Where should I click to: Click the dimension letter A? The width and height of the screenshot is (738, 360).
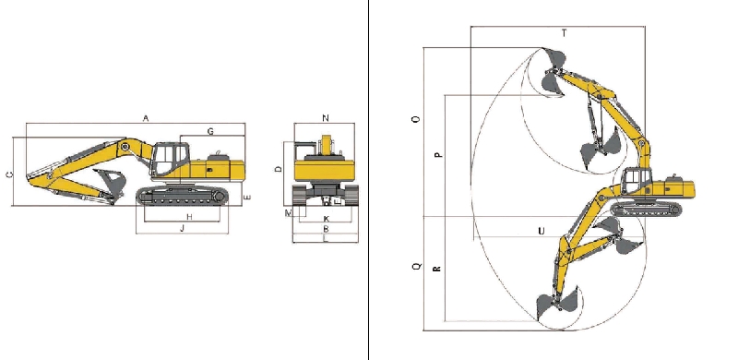(x=146, y=119)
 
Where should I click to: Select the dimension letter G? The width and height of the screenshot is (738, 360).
(x=210, y=131)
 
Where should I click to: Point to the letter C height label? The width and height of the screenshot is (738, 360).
(x=9, y=174)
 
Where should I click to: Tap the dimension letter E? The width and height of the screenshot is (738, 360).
(x=248, y=197)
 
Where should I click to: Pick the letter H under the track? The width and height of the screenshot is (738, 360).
(x=189, y=217)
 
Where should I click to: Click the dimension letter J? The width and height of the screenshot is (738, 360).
(x=183, y=229)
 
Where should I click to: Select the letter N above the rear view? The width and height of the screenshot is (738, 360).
(x=326, y=118)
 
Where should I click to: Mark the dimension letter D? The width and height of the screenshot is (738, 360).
(x=279, y=169)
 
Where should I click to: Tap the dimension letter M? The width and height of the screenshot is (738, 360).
(x=289, y=213)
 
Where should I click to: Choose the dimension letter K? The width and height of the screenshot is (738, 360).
(x=327, y=219)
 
